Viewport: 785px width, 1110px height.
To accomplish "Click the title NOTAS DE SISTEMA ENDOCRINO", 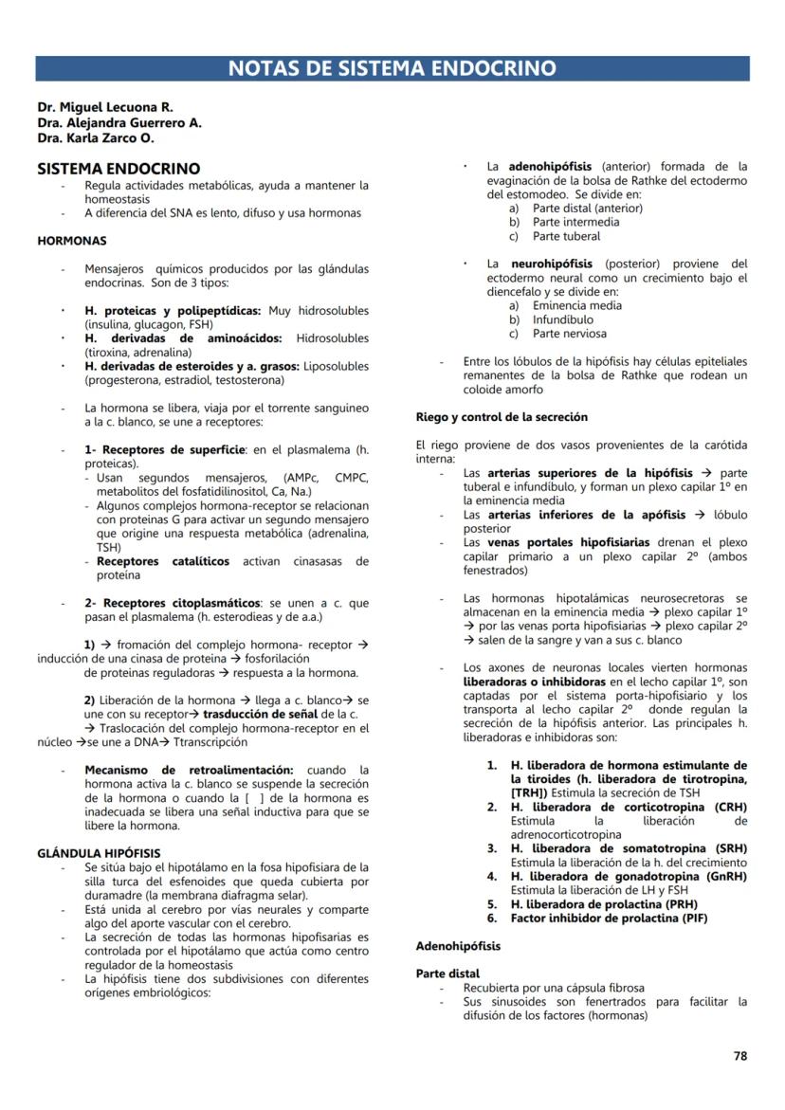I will [x=392, y=68].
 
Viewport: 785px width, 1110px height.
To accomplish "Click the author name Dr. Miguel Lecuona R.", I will [x=104, y=108].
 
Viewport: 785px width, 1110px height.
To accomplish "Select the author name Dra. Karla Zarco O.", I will [x=96, y=138].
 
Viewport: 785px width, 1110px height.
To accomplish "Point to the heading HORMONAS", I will [x=71, y=241].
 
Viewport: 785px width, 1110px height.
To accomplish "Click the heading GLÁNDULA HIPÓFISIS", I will [x=99, y=853].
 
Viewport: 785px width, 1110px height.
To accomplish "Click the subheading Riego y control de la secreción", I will [x=502, y=417].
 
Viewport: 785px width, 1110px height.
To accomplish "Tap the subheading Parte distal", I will [x=447, y=974].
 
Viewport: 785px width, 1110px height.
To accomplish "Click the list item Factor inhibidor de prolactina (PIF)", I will [x=609, y=919].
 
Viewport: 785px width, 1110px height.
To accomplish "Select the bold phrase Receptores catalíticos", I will [x=163, y=561].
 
